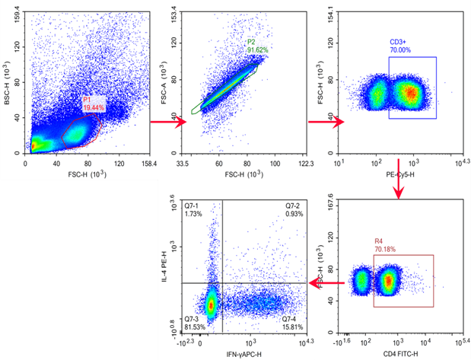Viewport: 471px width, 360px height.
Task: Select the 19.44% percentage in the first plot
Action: pos(94,108)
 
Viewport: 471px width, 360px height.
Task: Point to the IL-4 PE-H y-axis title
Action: pos(163,265)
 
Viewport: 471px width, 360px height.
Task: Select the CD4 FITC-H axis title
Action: pos(396,355)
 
